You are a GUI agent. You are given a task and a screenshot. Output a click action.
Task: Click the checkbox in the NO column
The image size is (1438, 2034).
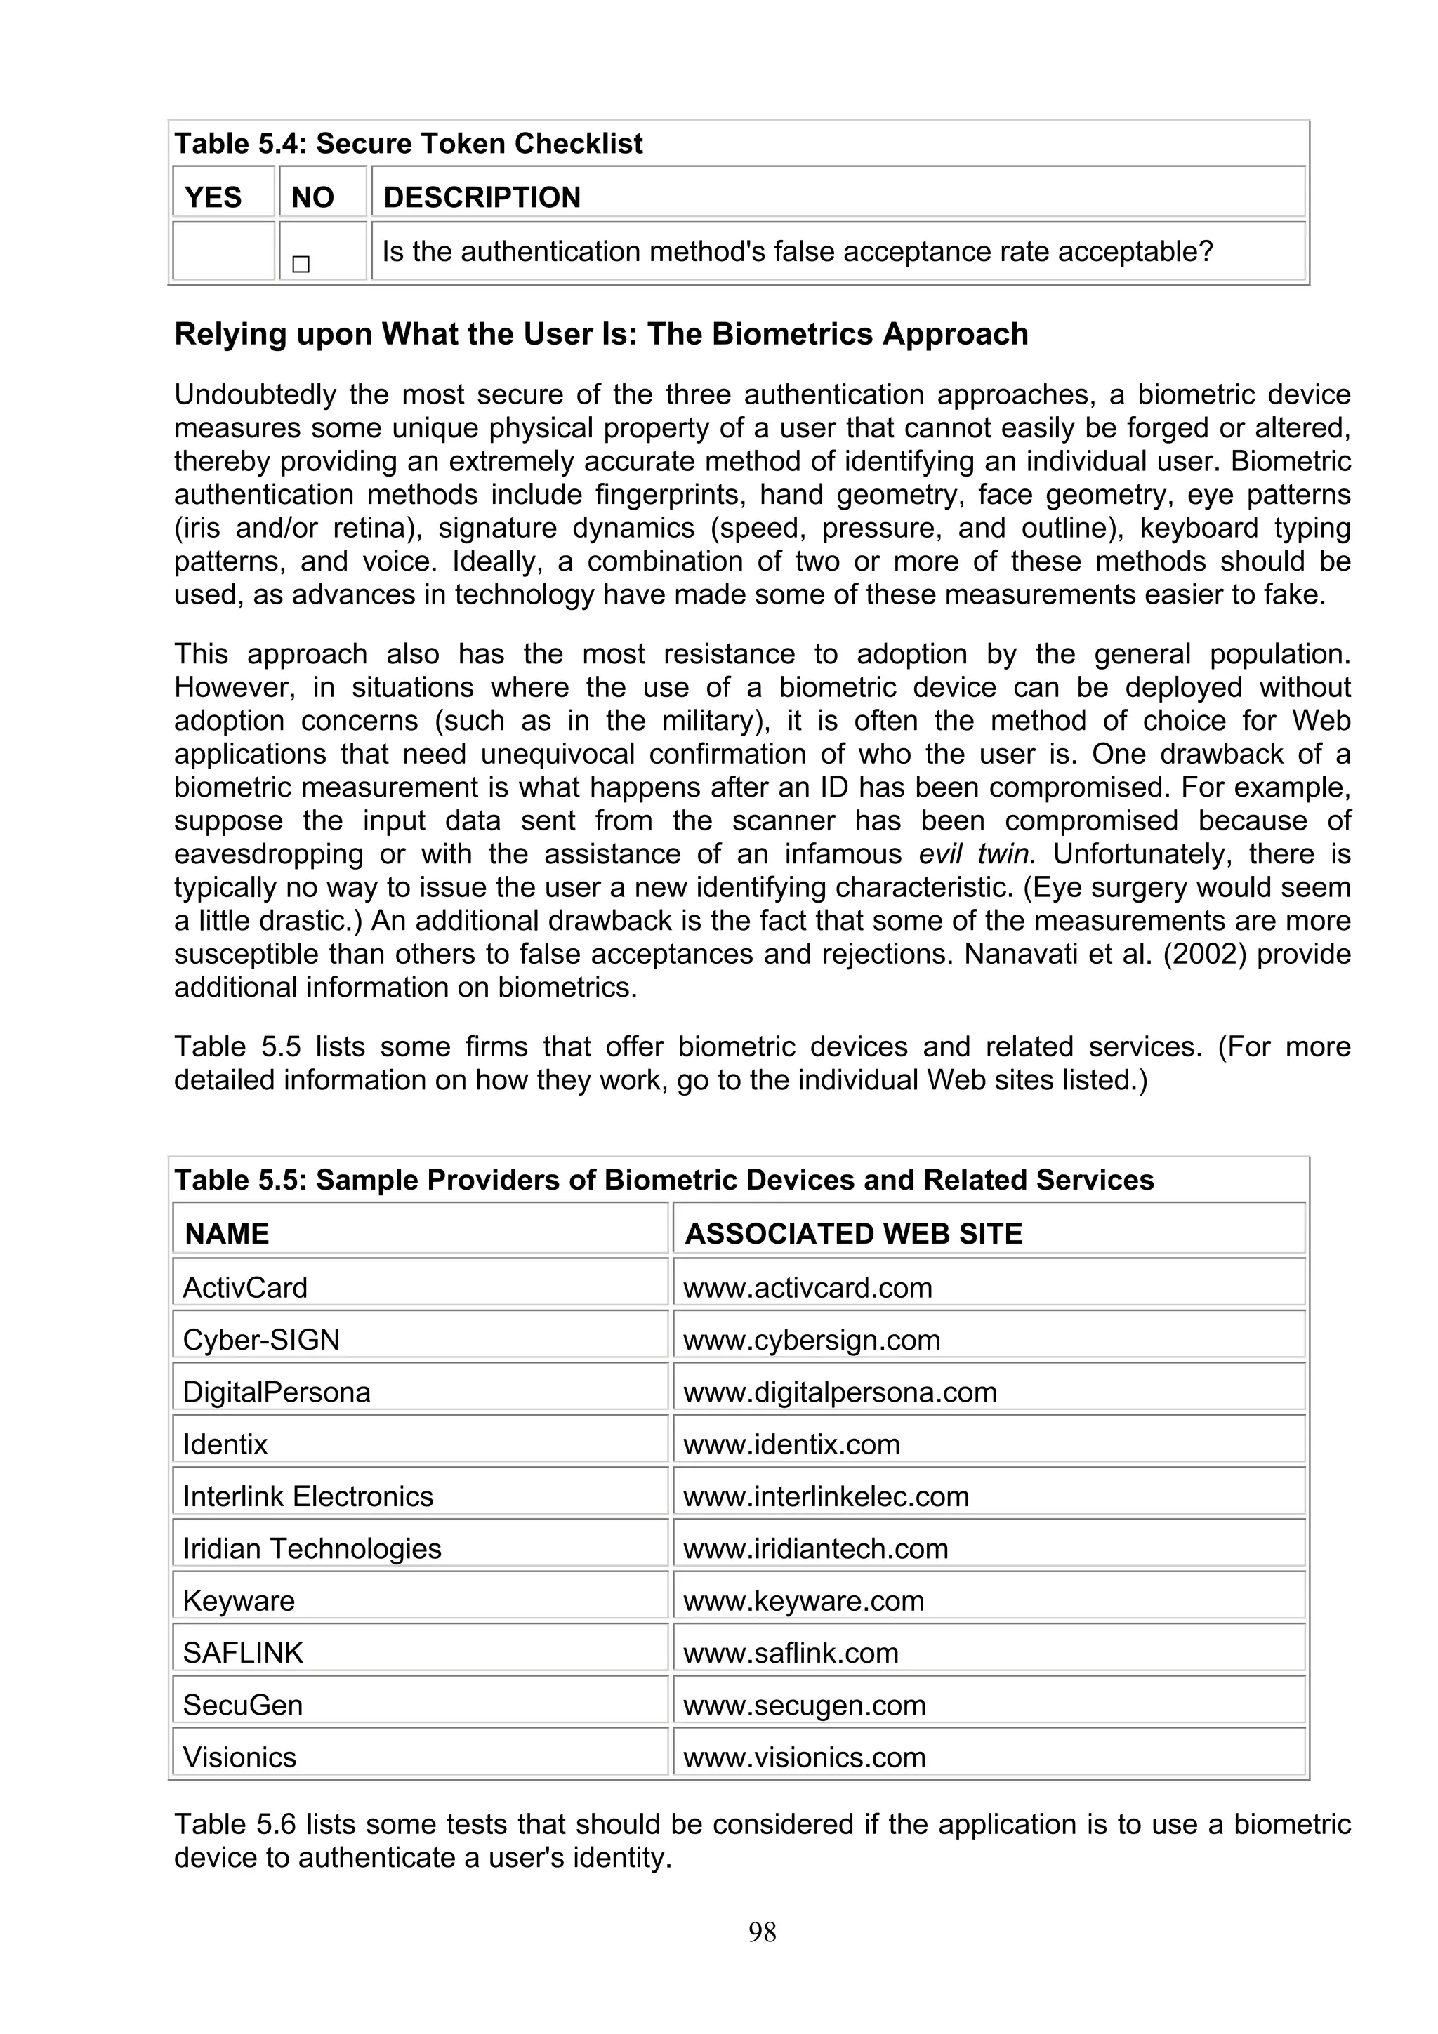[301, 264]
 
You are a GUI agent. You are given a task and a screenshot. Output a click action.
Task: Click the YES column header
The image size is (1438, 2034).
[213, 197]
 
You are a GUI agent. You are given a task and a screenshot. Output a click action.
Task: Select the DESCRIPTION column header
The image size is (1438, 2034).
[482, 197]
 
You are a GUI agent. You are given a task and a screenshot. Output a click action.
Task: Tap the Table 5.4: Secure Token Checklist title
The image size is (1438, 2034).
[409, 143]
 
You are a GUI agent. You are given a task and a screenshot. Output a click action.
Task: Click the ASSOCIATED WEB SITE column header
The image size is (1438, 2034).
[853, 1233]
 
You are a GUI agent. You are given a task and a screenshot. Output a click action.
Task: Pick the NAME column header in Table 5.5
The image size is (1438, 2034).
[227, 1233]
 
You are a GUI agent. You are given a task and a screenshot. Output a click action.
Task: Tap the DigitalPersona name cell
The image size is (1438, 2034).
[277, 1392]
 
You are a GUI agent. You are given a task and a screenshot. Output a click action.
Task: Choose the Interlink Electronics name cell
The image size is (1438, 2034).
[308, 1496]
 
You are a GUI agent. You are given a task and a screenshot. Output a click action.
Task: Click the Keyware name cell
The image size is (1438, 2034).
[238, 1601]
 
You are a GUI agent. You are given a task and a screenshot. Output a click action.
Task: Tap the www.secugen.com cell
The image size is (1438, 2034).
[804, 1706]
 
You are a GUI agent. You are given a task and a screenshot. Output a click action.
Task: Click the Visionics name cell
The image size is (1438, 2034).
[239, 1757]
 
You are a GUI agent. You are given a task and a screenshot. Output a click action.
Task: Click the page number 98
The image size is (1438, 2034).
[762, 1932]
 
